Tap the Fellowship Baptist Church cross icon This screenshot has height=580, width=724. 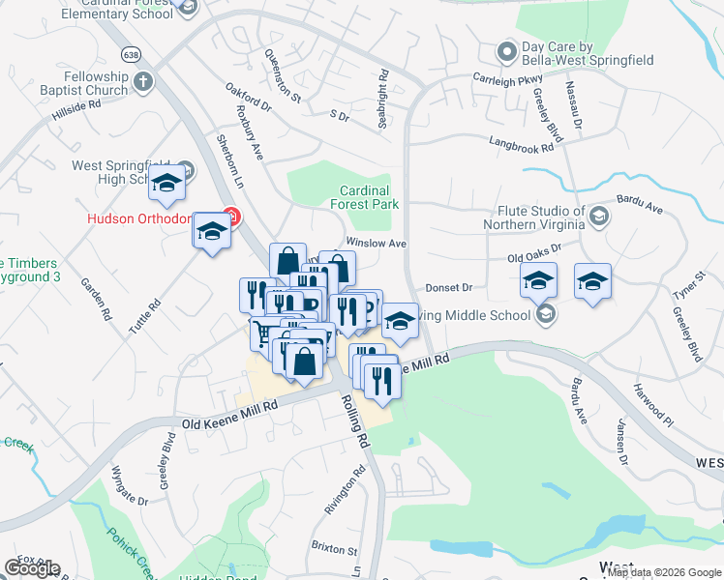143,81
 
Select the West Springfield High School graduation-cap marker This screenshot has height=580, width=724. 167,184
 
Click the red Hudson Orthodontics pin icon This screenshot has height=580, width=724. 229,216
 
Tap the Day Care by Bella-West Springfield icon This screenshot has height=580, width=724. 505,51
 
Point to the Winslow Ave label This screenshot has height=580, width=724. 376,244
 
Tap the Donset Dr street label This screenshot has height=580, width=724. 448,288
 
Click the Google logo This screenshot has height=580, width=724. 33,567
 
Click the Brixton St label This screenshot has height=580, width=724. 334,547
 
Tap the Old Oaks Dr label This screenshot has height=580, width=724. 534,254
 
